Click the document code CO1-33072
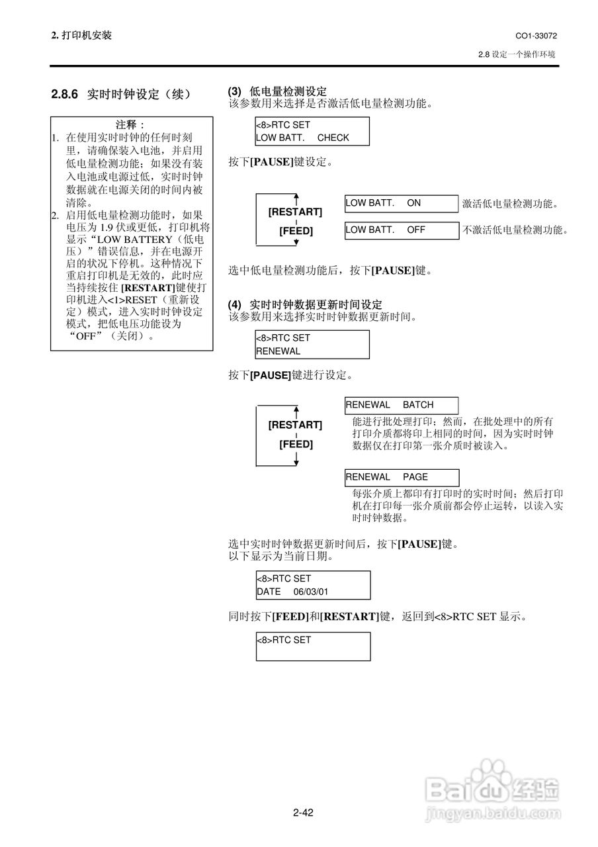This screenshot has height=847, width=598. tap(536, 35)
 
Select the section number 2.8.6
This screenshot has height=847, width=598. tap(65, 95)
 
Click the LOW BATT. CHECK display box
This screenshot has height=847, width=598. tap(312, 131)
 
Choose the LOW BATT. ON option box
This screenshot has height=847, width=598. tap(401, 203)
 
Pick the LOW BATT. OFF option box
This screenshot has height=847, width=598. tap(401, 230)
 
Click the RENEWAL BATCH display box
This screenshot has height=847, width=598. tap(401, 405)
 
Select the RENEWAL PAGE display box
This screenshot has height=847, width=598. tap(401, 477)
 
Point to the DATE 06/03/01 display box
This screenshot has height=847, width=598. tap(313, 585)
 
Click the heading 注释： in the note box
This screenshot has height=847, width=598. tap(130, 124)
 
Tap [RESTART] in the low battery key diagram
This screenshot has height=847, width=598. tap(295, 212)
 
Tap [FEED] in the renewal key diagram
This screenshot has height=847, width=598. tap(295, 444)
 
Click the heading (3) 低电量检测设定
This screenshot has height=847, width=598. tap(277, 91)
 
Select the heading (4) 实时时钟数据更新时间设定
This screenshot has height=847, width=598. tap(305, 304)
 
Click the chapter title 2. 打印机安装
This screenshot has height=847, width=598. tap(81, 35)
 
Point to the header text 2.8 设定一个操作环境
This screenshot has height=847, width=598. tap(516, 54)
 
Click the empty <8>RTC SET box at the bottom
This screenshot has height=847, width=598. tap(313, 646)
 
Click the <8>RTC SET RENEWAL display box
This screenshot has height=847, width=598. tap(312, 344)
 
